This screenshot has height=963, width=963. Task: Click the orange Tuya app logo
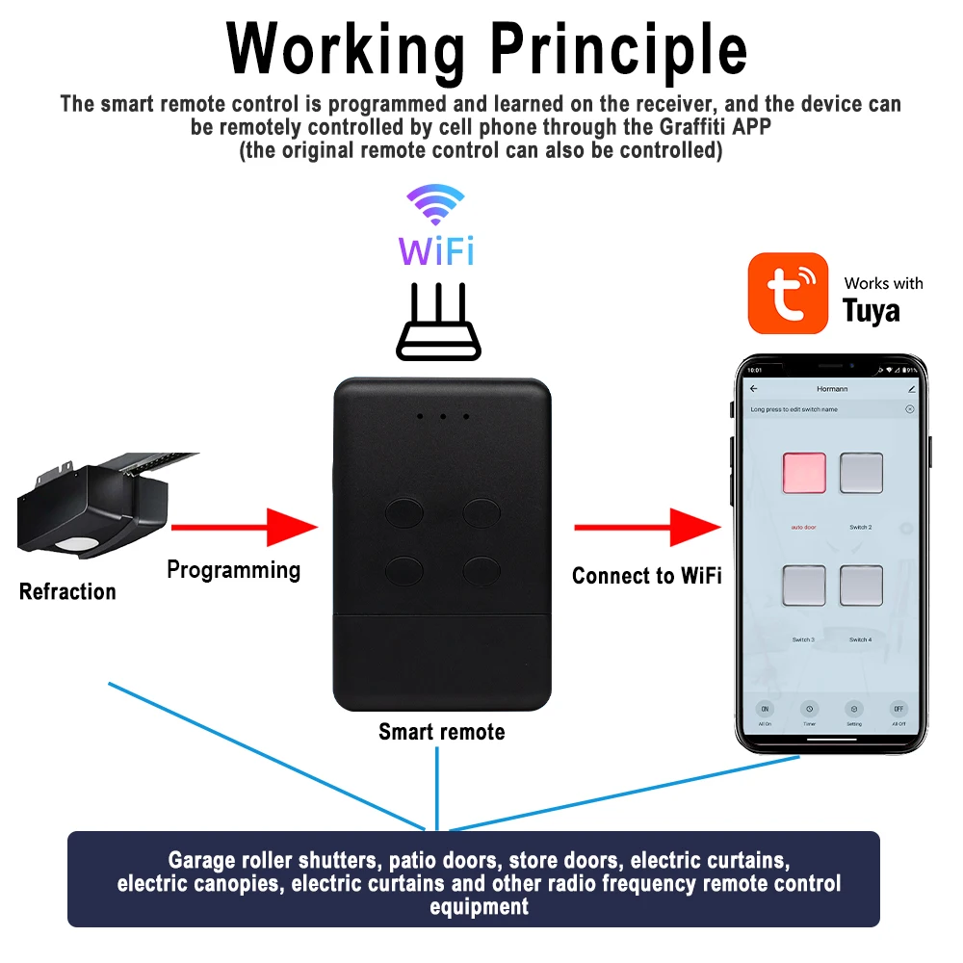coord(788,293)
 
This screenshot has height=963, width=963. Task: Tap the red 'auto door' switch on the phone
coord(804,473)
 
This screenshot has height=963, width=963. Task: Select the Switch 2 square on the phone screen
coord(861,473)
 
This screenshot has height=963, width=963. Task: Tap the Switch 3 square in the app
coord(804,585)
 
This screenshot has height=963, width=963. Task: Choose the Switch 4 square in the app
coord(861,585)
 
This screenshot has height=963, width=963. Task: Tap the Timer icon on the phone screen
coord(809,709)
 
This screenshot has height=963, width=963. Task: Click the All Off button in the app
coord(898,709)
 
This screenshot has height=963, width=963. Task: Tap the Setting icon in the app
coord(853,709)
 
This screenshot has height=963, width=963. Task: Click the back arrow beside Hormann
coord(754,389)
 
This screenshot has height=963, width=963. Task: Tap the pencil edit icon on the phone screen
coord(911,389)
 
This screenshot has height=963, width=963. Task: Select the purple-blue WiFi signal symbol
coord(435,205)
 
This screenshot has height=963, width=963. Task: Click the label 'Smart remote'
coord(441,732)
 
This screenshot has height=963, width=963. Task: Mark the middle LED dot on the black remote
coord(442,417)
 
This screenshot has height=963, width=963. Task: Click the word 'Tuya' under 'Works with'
coord(871,310)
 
